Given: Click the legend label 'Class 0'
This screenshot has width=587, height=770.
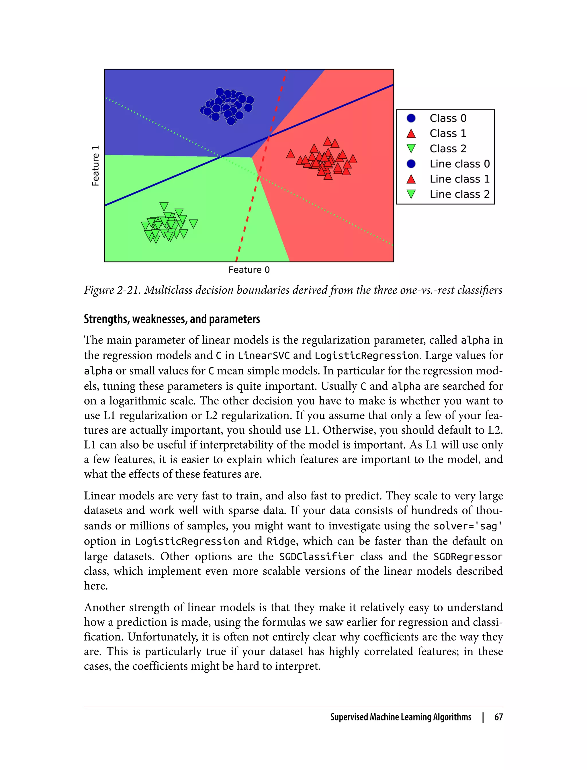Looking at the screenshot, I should click(x=448, y=118).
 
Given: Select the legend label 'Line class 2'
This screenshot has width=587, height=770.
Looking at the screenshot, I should click(x=459, y=194).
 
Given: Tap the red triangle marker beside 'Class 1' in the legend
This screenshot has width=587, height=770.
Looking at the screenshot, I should click(x=411, y=134).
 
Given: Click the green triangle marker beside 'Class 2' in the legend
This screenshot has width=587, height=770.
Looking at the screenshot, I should click(x=411, y=149).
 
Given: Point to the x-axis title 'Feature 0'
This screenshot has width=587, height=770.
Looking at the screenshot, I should click(x=249, y=270).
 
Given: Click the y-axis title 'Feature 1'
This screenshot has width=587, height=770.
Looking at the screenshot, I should click(x=95, y=166).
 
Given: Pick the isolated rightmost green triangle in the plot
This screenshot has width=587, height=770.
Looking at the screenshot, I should click(x=193, y=223).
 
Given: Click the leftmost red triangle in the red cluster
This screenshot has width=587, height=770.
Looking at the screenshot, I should click(x=290, y=154).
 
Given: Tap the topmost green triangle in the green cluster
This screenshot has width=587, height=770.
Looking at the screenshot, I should click(x=164, y=206).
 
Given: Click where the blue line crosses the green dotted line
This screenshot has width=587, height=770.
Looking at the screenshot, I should click(x=221, y=157).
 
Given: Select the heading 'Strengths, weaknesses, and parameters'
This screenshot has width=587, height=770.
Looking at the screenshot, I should click(x=172, y=319).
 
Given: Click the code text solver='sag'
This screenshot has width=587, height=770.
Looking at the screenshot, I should click(x=468, y=526).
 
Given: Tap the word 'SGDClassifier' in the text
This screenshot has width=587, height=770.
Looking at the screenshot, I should click(x=316, y=557).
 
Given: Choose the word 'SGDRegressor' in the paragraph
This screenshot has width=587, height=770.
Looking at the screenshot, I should click(x=468, y=557).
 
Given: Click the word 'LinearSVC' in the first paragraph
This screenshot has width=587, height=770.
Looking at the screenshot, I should click(x=264, y=355).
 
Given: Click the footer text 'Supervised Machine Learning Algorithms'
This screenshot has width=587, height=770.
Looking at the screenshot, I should click(x=401, y=717).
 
